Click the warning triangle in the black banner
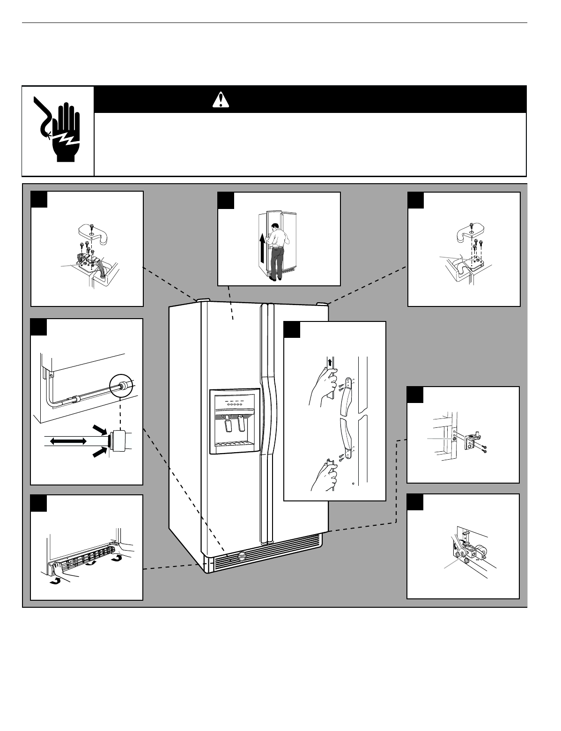pyautogui.click(x=220, y=99)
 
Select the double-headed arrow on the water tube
pyautogui.click(x=69, y=441)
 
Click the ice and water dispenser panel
pyautogui.click(x=235, y=421)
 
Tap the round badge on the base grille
pyautogui.click(x=241, y=557)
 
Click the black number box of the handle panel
pyautogui.click(x=292, y=330)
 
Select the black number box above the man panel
pyautogui.click(x=226, y=201)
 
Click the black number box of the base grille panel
pyautogui.click(x=38, y=503)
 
